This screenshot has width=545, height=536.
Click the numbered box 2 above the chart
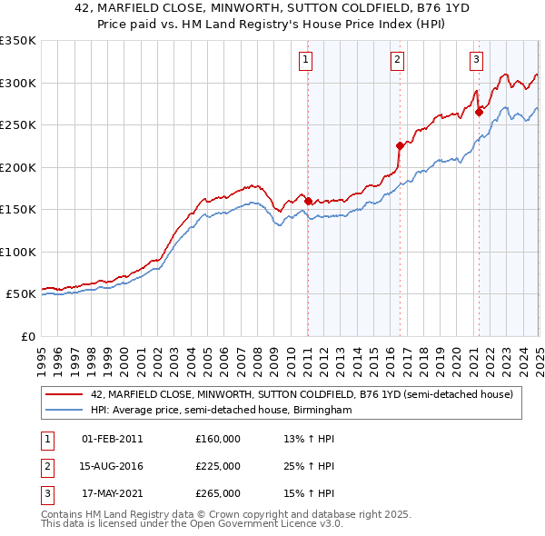click(398, 61)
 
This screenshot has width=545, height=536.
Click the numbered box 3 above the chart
click(476, 61)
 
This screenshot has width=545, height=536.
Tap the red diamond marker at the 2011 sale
click(308, 201)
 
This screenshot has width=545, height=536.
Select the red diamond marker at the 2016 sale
click(400, 145)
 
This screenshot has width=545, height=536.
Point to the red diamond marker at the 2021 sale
click(479, 113)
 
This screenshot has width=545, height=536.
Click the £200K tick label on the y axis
click(18, 167)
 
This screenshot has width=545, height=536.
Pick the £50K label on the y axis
click(22, 294)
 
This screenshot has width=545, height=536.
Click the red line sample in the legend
click(64, 395)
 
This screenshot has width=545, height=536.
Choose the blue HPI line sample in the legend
click(64, 411)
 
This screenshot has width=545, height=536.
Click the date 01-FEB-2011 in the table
click(112, 439)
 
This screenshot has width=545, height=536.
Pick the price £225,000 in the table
click(218, 466)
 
